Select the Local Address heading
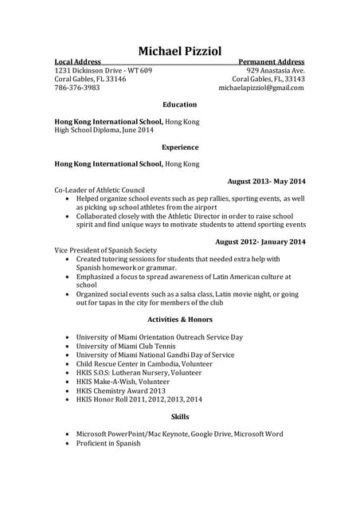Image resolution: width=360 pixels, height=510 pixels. (77, 61)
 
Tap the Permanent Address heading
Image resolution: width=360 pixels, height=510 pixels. (271, 61)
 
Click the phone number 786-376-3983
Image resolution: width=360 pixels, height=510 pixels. (77, 88)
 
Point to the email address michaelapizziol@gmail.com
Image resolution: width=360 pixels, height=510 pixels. (261, 88)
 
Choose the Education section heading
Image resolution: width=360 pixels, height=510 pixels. (179, 104)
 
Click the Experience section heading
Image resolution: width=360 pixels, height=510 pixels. (179, 147)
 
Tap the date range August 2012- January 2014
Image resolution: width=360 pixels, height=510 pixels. (260, 241)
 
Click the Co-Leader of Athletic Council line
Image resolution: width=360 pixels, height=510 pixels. (99, 190)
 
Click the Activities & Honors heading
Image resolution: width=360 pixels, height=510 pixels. (179, 320)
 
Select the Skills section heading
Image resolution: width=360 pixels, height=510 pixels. (179, 417)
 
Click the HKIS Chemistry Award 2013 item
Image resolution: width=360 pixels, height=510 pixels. (120, 390)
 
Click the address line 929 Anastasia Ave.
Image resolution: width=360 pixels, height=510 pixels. (275, 70)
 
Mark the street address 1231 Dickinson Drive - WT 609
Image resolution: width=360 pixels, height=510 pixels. (103, 70)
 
